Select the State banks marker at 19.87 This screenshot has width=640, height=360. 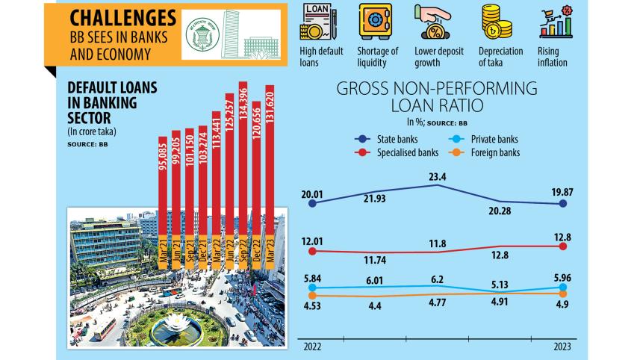point(564,203)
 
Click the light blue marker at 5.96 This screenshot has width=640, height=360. point(564,287)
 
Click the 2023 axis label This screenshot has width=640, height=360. point(562,347)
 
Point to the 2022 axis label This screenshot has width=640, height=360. point(311,347)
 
